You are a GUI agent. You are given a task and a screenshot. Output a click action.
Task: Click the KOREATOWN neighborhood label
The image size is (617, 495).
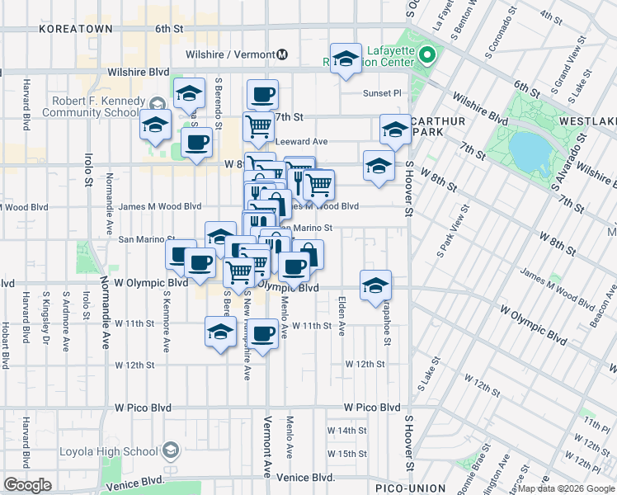coord(70,28)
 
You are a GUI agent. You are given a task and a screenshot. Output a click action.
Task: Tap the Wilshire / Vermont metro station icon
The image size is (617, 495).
coord(282,54)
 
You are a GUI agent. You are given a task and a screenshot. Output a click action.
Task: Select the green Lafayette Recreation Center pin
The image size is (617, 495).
coord(426,56)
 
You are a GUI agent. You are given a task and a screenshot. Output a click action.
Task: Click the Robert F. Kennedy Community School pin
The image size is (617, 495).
coord(158,101)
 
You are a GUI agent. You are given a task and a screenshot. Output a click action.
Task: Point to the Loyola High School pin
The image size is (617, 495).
coord(171,450)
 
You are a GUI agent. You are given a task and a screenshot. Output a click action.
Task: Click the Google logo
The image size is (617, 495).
coord(27,485)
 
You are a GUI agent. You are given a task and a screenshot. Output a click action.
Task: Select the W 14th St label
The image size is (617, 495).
coord(346,431)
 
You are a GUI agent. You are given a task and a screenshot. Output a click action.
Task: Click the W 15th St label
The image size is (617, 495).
coord(346,454)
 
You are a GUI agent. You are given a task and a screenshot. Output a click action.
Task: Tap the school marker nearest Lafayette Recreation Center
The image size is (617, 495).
coord(346,57)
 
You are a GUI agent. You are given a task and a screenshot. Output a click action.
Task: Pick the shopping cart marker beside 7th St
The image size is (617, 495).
coord(258,126)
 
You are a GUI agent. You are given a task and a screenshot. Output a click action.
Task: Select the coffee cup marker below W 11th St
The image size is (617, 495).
coord(263,333)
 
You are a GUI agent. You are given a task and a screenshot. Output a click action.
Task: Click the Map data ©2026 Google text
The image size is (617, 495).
coord(565,488)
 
